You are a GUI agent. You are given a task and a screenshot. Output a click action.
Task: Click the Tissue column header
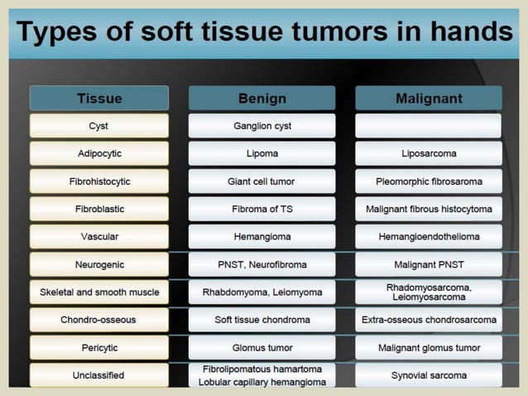99,99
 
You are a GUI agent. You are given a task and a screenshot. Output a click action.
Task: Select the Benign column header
262,99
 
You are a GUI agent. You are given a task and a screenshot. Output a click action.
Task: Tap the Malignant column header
428,99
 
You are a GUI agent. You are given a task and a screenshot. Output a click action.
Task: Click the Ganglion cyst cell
262,126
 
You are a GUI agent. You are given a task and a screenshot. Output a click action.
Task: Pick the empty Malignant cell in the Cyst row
428,126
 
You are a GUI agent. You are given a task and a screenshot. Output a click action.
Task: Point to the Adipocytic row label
99,153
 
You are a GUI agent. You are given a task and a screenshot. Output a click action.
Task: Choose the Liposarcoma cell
428,153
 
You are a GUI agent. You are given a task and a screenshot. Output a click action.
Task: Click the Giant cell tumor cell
262,181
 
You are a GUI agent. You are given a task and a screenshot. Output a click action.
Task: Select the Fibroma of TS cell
262,209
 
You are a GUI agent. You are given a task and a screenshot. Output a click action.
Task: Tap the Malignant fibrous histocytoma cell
428,209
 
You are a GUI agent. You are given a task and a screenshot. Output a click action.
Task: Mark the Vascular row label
99,236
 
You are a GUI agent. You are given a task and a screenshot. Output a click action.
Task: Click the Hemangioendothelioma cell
428,236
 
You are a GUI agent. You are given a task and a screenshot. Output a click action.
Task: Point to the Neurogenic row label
99,264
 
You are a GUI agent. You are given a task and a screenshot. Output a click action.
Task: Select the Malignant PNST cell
428,264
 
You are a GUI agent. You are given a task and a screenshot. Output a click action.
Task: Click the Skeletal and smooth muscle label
99,292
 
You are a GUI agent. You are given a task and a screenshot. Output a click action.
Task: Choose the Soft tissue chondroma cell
262,319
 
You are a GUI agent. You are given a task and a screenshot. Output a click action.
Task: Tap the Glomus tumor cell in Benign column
262,347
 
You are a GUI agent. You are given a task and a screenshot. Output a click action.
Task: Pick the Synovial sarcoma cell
428,375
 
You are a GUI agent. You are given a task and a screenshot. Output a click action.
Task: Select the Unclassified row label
99,375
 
